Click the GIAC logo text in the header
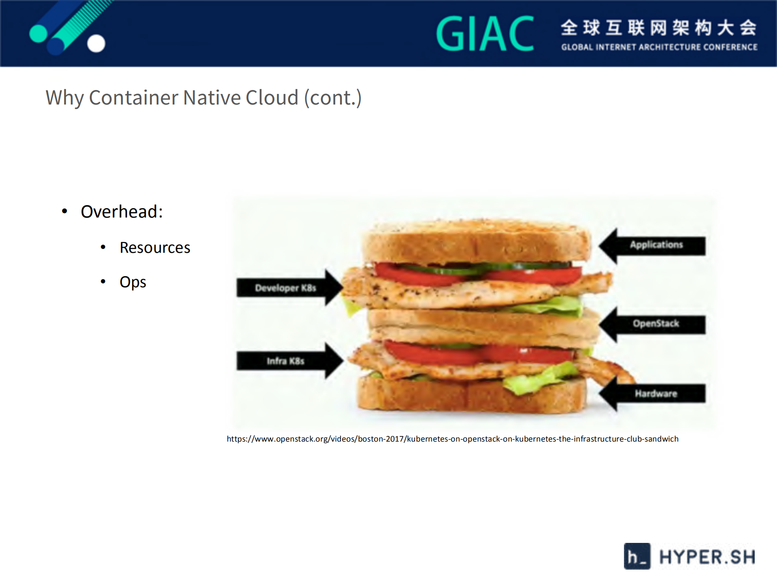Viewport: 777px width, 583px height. [485, 34]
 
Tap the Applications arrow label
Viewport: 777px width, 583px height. [656, 245]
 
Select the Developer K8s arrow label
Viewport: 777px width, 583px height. [285, 288]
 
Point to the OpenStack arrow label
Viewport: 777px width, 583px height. [656, 324]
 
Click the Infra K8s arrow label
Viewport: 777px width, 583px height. [285, 361]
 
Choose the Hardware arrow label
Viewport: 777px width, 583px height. [656, 393]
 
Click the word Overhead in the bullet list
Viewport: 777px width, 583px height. [121, 212]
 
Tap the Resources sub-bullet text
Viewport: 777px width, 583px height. [155, 248]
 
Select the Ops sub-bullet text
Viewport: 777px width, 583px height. [132, 282]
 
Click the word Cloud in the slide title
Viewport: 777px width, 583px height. [272, 98]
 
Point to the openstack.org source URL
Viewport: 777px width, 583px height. [452, 439]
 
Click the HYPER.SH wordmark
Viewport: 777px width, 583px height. [707, 557]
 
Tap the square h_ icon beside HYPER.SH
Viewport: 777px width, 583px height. [637, 556]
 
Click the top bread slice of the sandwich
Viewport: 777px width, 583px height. [476, 242]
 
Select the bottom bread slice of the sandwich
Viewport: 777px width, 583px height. [470, 396]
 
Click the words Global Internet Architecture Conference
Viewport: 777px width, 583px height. [659, 47]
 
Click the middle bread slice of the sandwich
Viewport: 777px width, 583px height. [482, 326]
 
